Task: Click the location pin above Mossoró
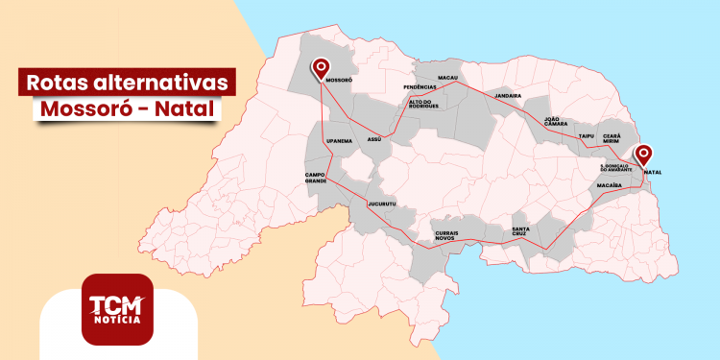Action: (321, 66)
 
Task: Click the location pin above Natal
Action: (643, 154)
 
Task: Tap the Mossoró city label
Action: (341, 82)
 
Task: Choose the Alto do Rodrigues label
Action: (423, 103)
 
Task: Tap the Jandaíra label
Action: (508, 96)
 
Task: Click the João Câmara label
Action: (558, 122)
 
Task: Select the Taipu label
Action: (587, 136)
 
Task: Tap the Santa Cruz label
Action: (526, 231)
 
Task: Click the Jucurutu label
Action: (382, 204)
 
